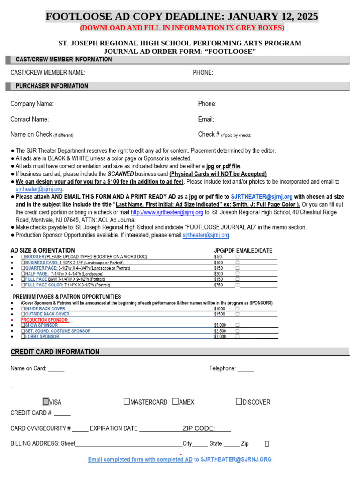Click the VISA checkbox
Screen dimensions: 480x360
click(x=46, y=402)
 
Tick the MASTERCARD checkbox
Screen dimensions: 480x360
click(x=127, y=402)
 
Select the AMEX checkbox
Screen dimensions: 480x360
click(x=175, y=402)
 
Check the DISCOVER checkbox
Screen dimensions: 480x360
click(x=239, y=402)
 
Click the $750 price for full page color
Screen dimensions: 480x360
click(x=218, y=285)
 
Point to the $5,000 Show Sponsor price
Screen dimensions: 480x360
click(x=220, y=325)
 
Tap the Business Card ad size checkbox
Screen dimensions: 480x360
click(x=23, y=262)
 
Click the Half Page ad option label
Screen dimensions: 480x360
click(x=37, y=273)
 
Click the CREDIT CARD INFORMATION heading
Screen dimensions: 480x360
click(x=55, y=352)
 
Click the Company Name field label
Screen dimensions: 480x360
click(x=32, y=104)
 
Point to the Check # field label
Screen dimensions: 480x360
click(x=209, y=135)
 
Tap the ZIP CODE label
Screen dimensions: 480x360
click(x=199, y=428)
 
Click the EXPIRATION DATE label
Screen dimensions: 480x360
click(x=113, y=428)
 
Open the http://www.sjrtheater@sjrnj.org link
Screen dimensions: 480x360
click(x=167, y=212)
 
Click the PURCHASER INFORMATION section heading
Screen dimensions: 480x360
click(x=52, y=86)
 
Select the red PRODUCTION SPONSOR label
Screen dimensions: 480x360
click(x=45, y=320)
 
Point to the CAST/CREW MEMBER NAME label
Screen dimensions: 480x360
click(x=48, y=73)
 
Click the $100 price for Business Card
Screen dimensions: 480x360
click(x=218, y=262)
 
